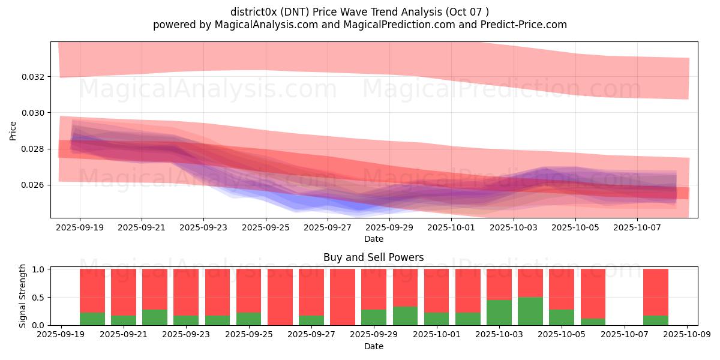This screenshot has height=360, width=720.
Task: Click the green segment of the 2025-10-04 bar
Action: pyautogui.click(x=530, y=311)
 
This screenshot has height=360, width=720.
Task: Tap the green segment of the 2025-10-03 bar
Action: pyautogui.click(x=499, y=312)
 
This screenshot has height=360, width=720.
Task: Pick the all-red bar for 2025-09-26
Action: pyautogui.click(x=280, y=297)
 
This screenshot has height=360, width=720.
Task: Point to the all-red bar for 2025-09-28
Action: pyautogui.click(x=343, y=297)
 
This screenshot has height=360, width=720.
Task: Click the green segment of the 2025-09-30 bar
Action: pyautogui.click(x=406, y=316)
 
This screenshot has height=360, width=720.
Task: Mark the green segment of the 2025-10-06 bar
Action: pyautogui.click(x=593, y=322)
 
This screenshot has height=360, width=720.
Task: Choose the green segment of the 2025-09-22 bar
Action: pyautogui.click(x=155, y=317)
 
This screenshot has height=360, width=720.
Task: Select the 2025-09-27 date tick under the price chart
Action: pyautogui.click(x=328, y=228)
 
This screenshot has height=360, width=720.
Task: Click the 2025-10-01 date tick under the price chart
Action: pyautogui.click(x=452, y=228)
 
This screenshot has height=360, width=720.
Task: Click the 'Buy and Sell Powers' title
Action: pyautogui.click(x=373, y=257)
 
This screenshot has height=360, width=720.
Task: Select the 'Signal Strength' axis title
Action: pyautogui.click(x=23, y=296)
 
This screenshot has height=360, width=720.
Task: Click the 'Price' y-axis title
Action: pyautogui.click(x=13, y=130)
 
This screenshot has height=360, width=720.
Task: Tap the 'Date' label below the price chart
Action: pyautogui.click(x=373, y=239)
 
